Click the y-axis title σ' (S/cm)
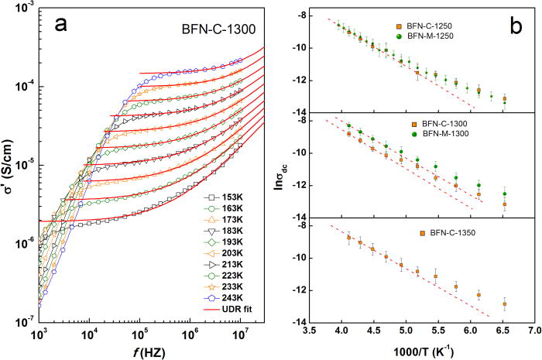10,163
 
